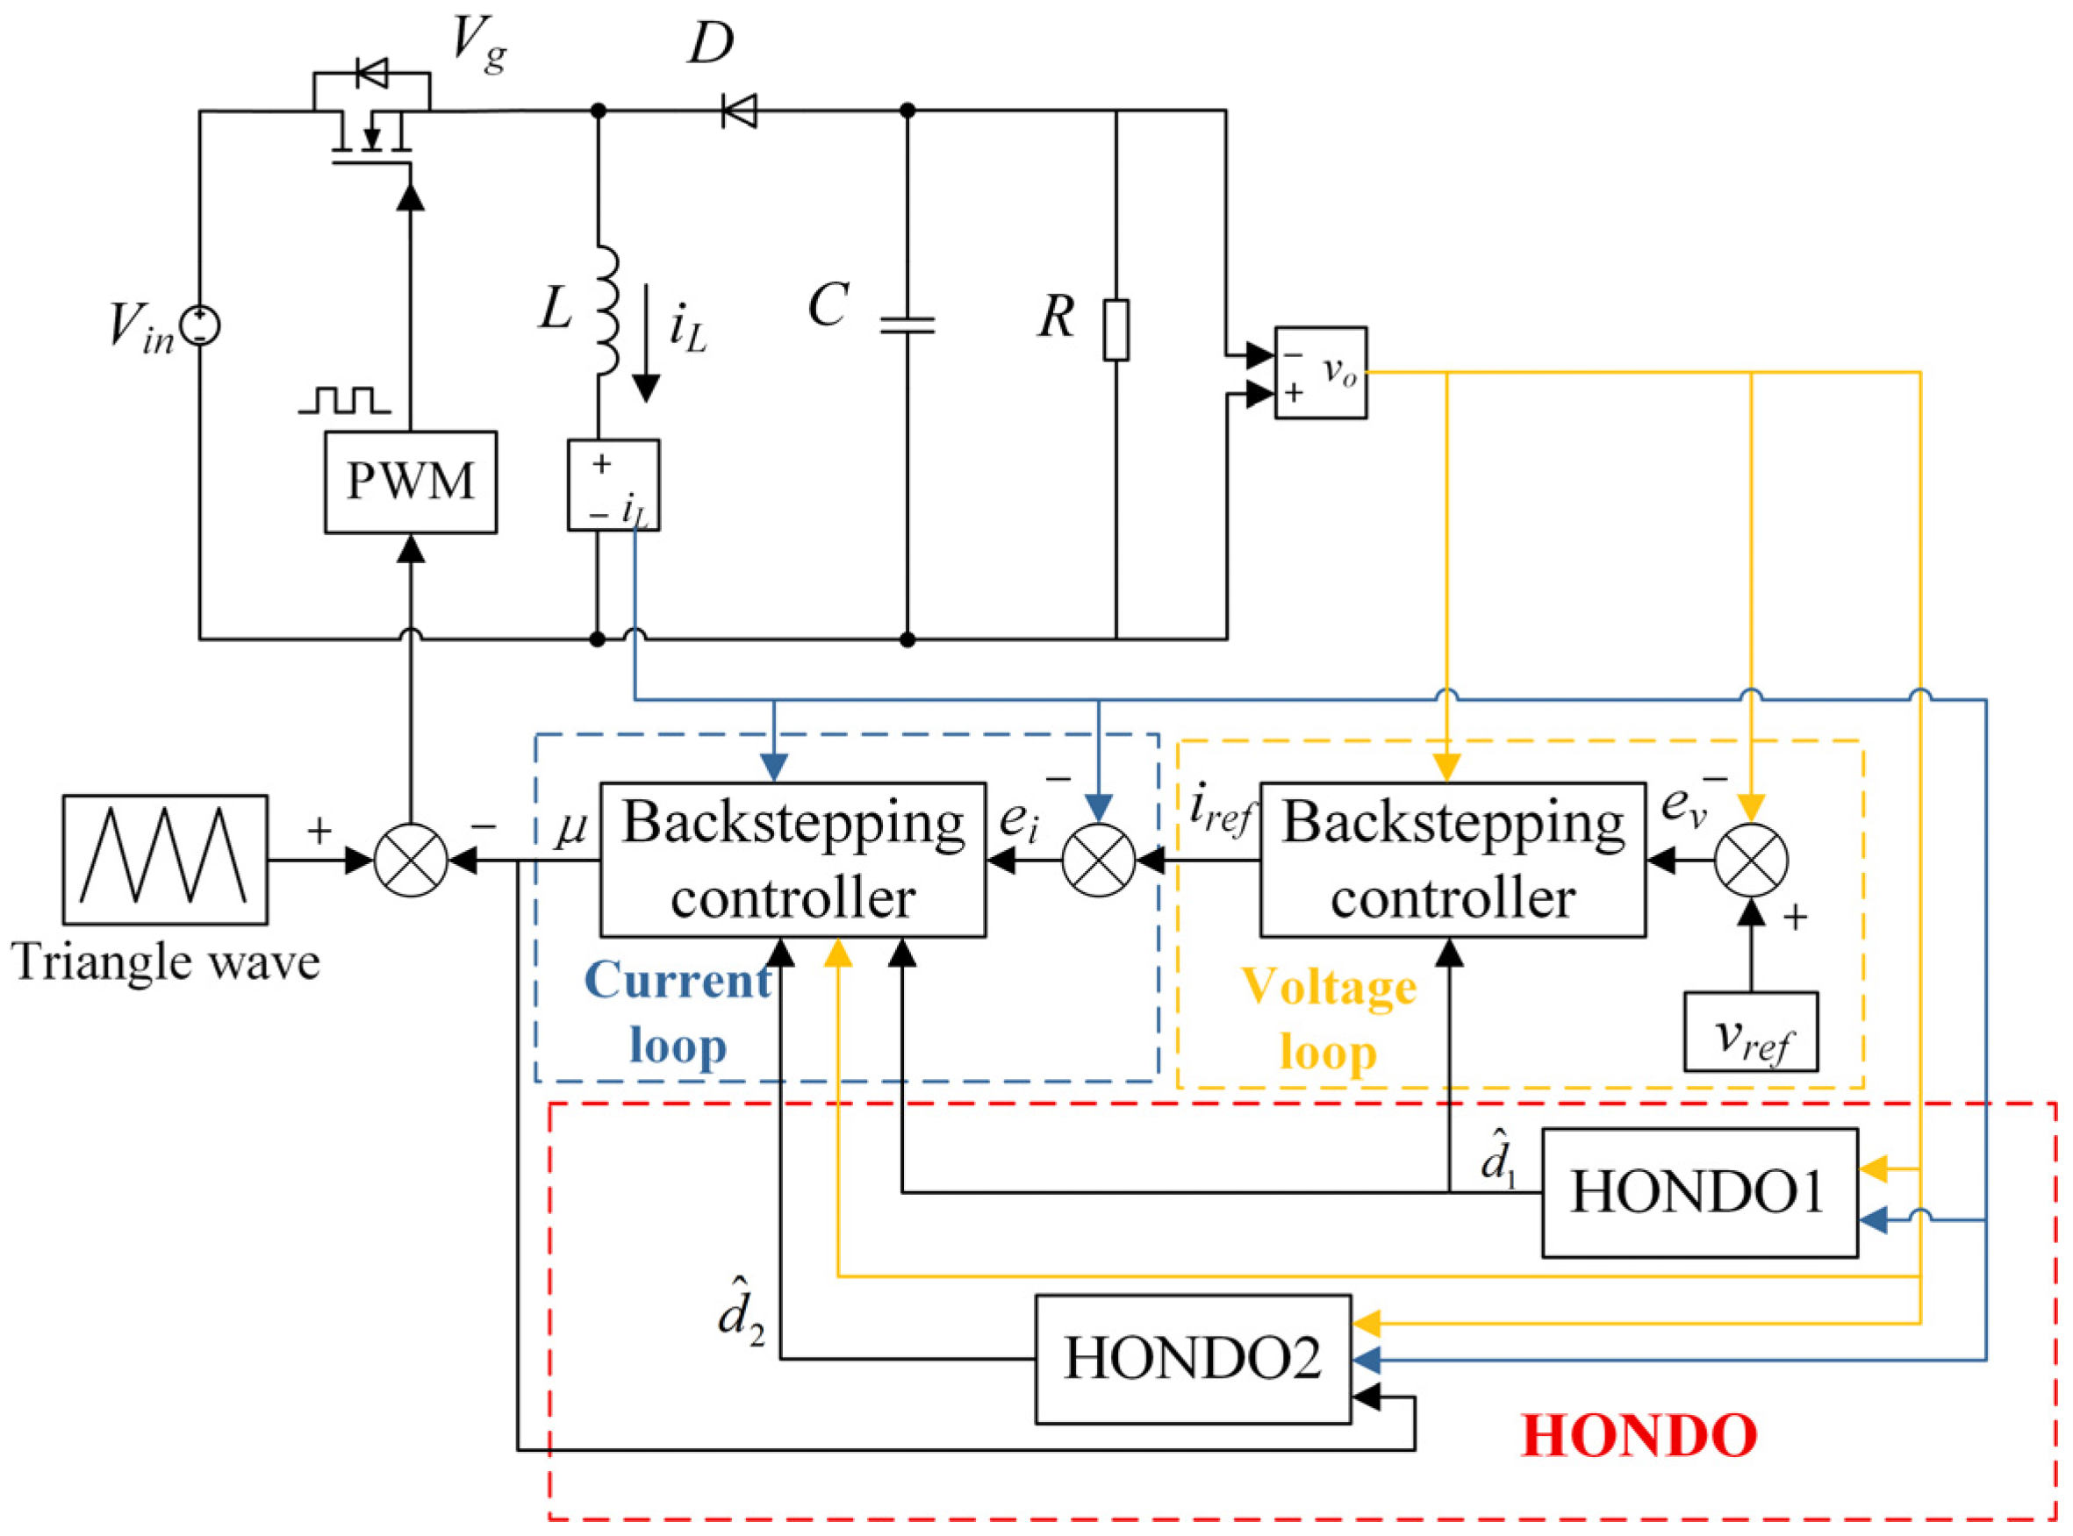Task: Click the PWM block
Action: click(410, 482)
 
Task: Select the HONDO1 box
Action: click(1699, 1193)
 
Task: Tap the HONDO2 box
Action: click(1192, 1359)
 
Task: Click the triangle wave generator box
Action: click(165, 859)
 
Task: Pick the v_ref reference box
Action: click(1750, 1032)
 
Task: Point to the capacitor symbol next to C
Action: click(907, 324)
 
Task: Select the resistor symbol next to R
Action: click(1116, 330)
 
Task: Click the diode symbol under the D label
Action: click(739, 111)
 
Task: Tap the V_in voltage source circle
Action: click(201, 326)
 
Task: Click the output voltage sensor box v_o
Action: click(1320, 373)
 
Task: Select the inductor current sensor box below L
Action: click(613, 485)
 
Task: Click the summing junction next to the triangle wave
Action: click(410, 860)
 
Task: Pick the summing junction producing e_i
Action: click(1097, 860)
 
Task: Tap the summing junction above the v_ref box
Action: click(1750, 860)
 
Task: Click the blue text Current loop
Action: click(677, 1012)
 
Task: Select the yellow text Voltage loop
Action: click(1328, 1019)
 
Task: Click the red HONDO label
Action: click(1639, 1436)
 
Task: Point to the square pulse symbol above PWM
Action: click(344, 401)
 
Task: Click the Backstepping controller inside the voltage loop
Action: click(1452, 860)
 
